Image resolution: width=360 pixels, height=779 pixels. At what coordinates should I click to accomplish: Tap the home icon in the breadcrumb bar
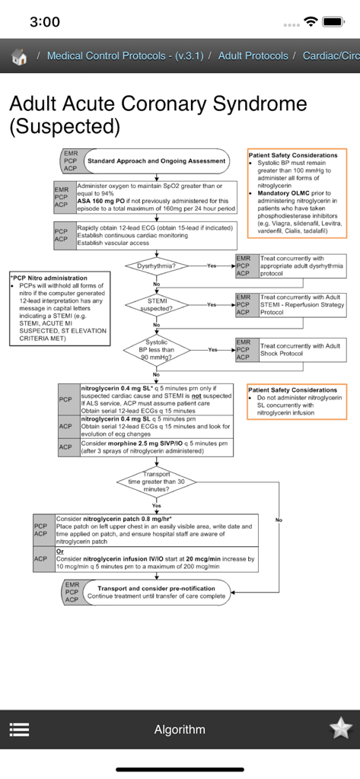(20, 56)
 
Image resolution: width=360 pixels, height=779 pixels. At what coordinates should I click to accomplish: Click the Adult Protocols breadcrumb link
(253, 56)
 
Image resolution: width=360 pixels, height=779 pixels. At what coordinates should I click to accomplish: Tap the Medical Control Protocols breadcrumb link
(125, 56)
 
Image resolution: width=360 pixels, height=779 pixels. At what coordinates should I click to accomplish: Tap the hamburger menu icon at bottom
(20, 729)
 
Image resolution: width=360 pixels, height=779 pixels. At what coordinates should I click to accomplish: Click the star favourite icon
(340, 729)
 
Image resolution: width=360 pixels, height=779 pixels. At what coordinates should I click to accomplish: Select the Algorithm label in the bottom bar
(180, 730)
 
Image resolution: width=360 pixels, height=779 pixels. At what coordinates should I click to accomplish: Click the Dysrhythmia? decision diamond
(156, 266)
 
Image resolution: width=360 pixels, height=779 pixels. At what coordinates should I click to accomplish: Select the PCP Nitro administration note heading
(49, 278)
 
